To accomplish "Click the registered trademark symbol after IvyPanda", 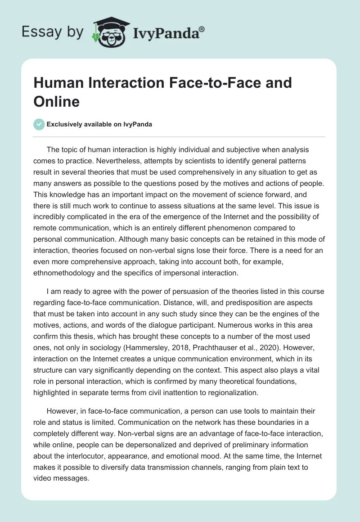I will (x=202, y=29).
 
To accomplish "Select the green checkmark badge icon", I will (x=39, y=124).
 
